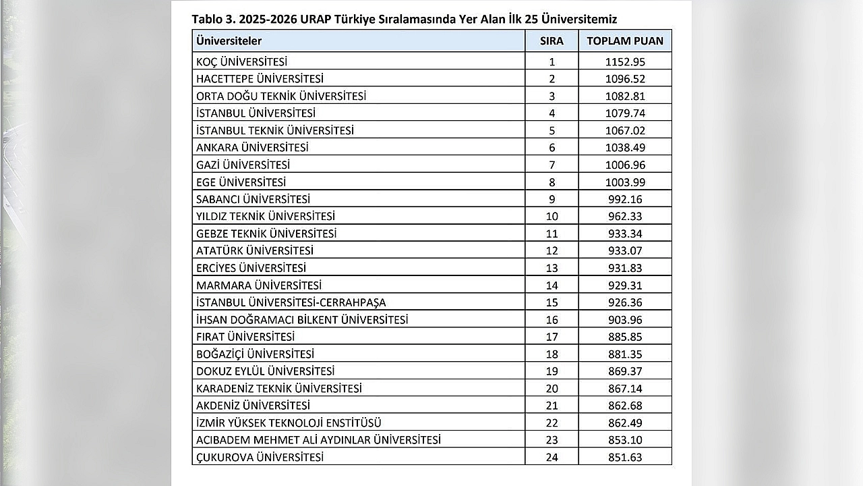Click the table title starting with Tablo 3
pyautogui.click(x=405, y=19)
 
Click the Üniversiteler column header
pyautogui.click(x=229, y=40)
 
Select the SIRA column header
pyautogui.click(x=552, y=40)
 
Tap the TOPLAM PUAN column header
pyautogui.click(x=625, y=40)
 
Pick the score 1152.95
pyautogui.click(x=625, y=61)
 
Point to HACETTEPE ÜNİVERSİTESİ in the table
pyautogui.click(x=260, y=78)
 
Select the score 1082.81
pyautogui.click(x=625, y=96)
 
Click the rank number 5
pyautogui.click(x=552, y=130)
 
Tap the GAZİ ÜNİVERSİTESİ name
pyautogui.click(x=243, y=165)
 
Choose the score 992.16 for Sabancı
pyautogui.click(x=625, y=199)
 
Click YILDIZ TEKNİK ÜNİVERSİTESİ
pyautogui.click(x=266, y=216)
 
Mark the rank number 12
pyautogui.click(x=552, y=250)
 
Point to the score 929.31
pyautogui.click(x=625, y=285)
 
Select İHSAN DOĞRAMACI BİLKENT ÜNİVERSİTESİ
pyautogui.click(x=302, y=319)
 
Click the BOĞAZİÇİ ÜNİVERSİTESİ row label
pyautogui.click(x=255, y=354)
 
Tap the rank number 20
pyautogui.click(x=552, y=388)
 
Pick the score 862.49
pyautogui.click(x=625, y=423)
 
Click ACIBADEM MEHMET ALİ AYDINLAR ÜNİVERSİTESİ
pyautogui.click(x=318, y=439)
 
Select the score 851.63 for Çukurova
pyautogui.click(x=625, y=457)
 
